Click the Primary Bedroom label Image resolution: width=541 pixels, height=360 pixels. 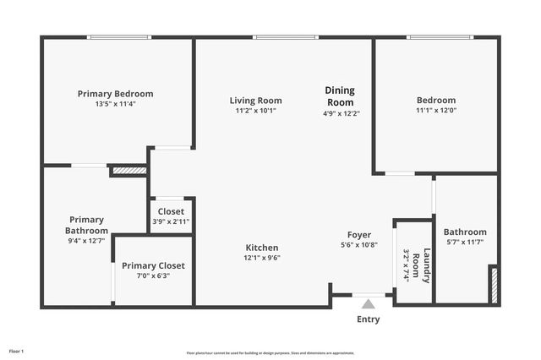115,94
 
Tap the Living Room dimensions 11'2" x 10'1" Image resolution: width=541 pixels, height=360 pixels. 255,111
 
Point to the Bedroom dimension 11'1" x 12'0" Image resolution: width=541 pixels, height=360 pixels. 435,111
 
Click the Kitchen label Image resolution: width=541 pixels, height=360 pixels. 262,248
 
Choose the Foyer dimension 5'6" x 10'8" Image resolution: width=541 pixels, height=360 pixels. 359,245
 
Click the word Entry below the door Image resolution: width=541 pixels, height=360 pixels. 369,319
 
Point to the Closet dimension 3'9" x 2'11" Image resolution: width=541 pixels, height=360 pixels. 171,221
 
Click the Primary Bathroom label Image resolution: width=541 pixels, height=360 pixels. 88,226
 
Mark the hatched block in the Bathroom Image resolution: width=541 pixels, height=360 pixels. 495,285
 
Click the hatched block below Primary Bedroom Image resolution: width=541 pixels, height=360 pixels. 129,171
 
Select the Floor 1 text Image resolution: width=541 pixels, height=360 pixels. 17,351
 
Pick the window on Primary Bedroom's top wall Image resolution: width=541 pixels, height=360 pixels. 119,37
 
